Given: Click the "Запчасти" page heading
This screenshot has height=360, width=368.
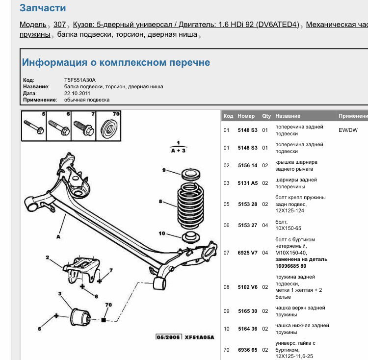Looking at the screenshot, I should (43, 8).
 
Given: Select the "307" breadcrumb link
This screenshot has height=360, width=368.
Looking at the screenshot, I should (59, 25).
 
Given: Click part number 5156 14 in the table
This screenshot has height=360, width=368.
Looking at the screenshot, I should (247, 166).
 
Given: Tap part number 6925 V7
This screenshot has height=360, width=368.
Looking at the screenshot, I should (247, 253).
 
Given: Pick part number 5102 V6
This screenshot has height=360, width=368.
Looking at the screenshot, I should (247, 287).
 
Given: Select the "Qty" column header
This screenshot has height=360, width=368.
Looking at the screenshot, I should (266, 116).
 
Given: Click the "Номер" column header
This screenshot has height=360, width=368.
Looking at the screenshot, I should (246, 116).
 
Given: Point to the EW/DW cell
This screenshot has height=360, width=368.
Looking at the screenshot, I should (348, 130).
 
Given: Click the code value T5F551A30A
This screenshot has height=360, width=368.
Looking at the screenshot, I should (80, 80).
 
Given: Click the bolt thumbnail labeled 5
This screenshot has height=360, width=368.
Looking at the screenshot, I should (34, 128).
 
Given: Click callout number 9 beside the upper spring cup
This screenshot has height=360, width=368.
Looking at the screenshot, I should (164, 170).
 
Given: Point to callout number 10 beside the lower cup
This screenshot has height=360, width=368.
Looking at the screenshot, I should (162, 233).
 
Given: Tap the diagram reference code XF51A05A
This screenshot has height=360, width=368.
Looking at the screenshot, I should (199, 337).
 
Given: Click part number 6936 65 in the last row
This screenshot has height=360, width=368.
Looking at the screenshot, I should (247, 350).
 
